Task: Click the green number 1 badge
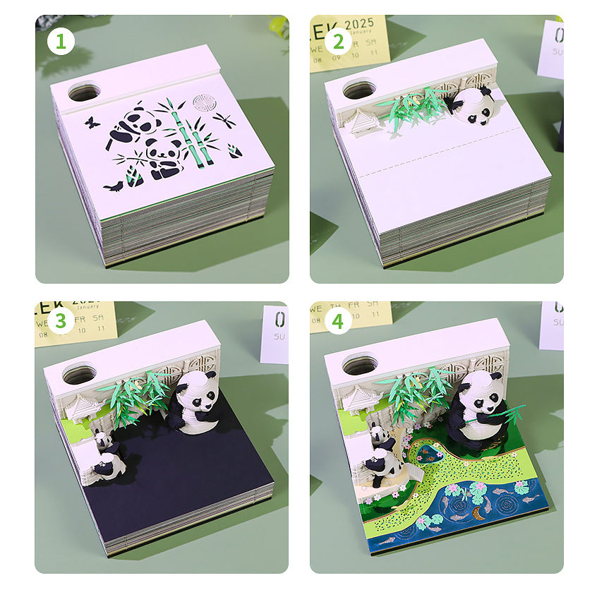(x=61, y=42)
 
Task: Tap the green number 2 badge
(x=338, y=42)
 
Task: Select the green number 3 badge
(x=61, y=322)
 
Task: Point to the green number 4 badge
(x=338, y=322)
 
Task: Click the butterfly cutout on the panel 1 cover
(x=90, y=122)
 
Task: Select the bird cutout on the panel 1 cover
(x=112, y=186)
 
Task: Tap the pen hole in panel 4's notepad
(x=358, y=366)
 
